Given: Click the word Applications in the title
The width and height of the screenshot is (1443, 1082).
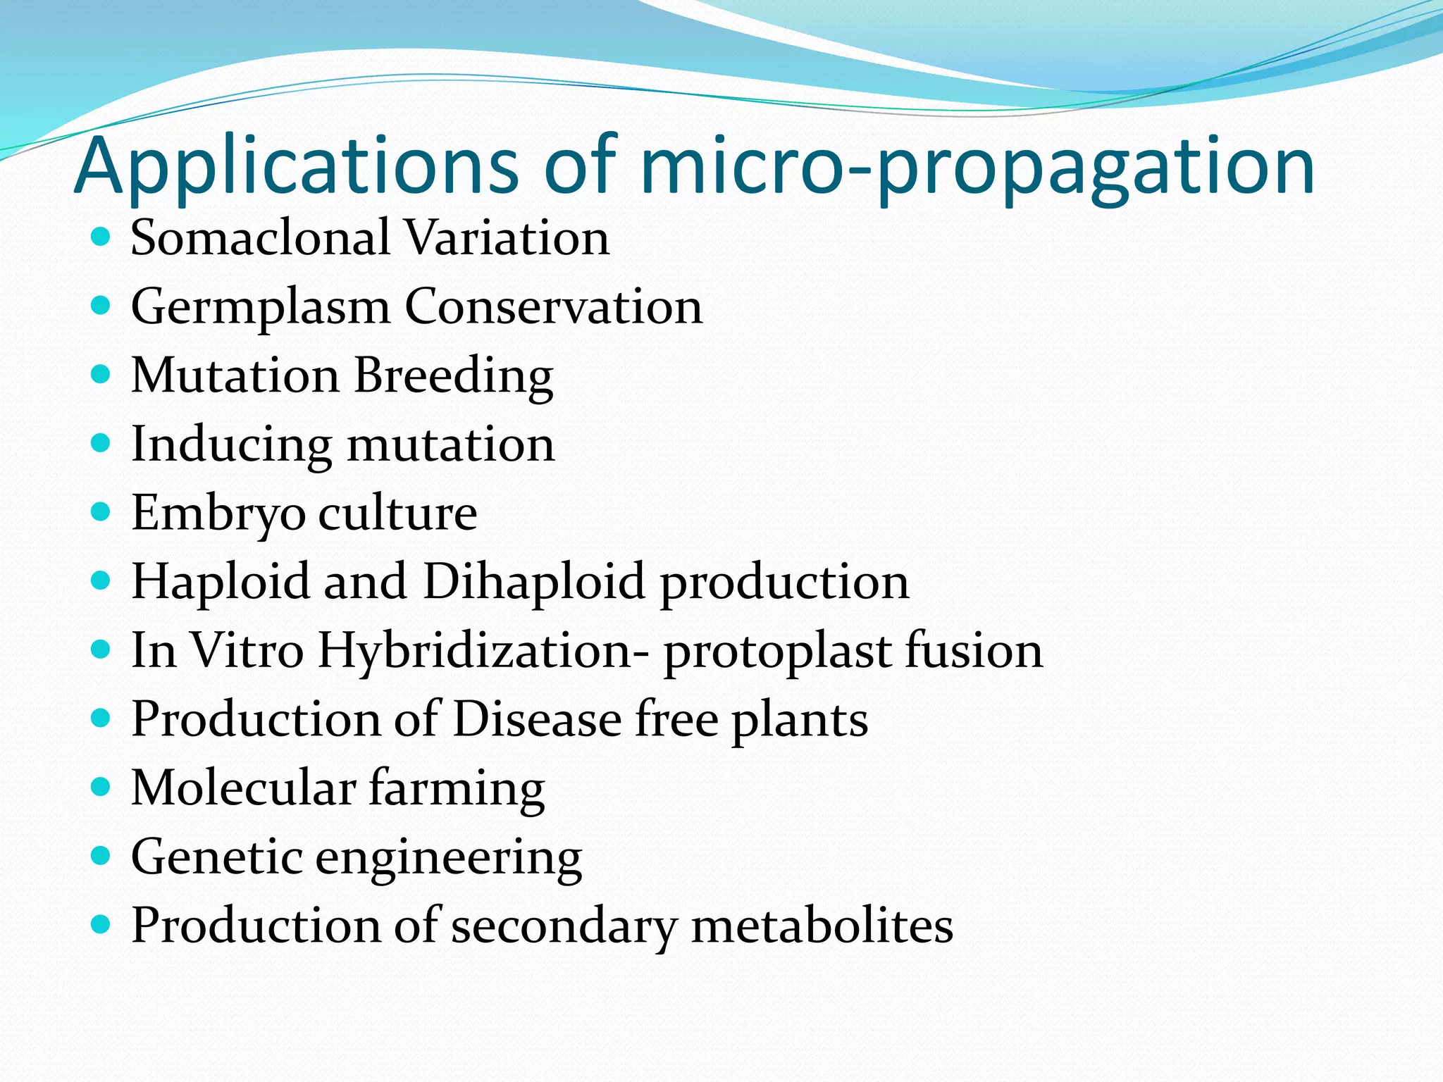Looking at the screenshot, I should pos(296,166).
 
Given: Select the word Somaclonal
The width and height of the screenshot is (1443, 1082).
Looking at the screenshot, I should pos(260,237).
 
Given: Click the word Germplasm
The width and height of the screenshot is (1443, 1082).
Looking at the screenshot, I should pos(260,307).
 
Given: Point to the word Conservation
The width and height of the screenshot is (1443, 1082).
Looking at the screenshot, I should pos(553,307).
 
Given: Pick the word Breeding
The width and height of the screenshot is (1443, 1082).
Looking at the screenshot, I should pos(453,375).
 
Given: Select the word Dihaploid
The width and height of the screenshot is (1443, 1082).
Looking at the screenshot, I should pos(533,582).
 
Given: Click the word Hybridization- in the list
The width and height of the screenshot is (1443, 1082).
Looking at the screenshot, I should pos(483,650).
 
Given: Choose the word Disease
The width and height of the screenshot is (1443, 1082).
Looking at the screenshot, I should pos(536,719).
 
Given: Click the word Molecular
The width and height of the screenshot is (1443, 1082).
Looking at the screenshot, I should pos(243,788).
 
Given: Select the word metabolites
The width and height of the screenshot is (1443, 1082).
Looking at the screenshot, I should pos(822,925).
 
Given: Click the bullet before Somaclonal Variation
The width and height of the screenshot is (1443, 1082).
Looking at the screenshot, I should pos(101,236).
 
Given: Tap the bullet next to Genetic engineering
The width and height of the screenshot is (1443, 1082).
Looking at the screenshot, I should pos(101,855).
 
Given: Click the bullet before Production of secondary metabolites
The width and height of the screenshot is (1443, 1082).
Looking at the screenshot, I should pos(101,924).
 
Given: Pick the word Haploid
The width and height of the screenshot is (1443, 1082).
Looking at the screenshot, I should pos(221,582).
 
